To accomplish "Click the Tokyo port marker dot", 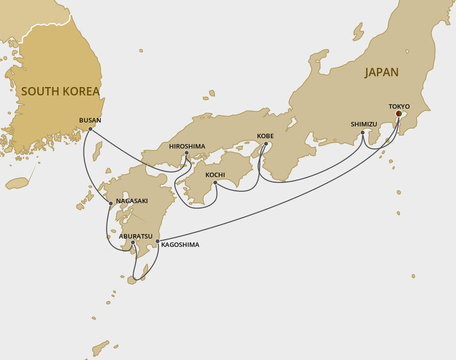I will (x=399, y=114).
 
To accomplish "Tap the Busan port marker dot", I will (x=90, y=129).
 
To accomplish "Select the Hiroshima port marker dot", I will (x=187, y=153).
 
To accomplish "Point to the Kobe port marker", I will (x=266, y=144).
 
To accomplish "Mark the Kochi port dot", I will (x=215, y=182).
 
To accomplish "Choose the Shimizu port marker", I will (x=363, y=132).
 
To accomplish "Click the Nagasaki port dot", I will (x=111, y=203).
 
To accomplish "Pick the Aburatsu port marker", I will (x=133, y=242).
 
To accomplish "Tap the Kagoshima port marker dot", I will (x=157, y=241).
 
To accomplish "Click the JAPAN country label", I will (x=381, y=72).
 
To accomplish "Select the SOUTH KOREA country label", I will (x=60, y=91).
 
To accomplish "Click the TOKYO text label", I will (x=399, y=106).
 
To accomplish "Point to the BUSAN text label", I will (x=90, y=120).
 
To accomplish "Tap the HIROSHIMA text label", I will (x=187, y=146).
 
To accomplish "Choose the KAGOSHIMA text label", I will (x=180, y=244).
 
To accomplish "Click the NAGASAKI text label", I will (x=132, y=201).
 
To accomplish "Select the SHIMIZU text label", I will (x=364, y=124).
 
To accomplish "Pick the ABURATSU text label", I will (x=136, y=236).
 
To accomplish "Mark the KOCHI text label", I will (x=215, y=175).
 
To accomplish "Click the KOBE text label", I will (x=265, y=136).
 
